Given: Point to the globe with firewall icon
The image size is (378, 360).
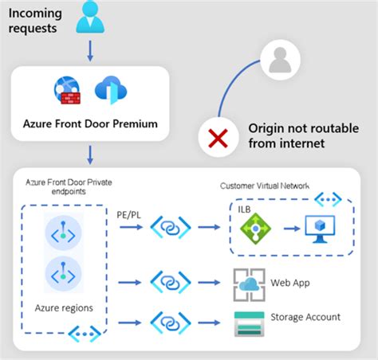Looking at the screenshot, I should tap(68, 90).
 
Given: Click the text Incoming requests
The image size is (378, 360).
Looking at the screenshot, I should tap(37, 19).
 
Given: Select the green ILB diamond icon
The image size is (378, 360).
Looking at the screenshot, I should tap(256, 229).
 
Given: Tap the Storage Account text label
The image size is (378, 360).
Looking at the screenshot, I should tap(305, 317).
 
